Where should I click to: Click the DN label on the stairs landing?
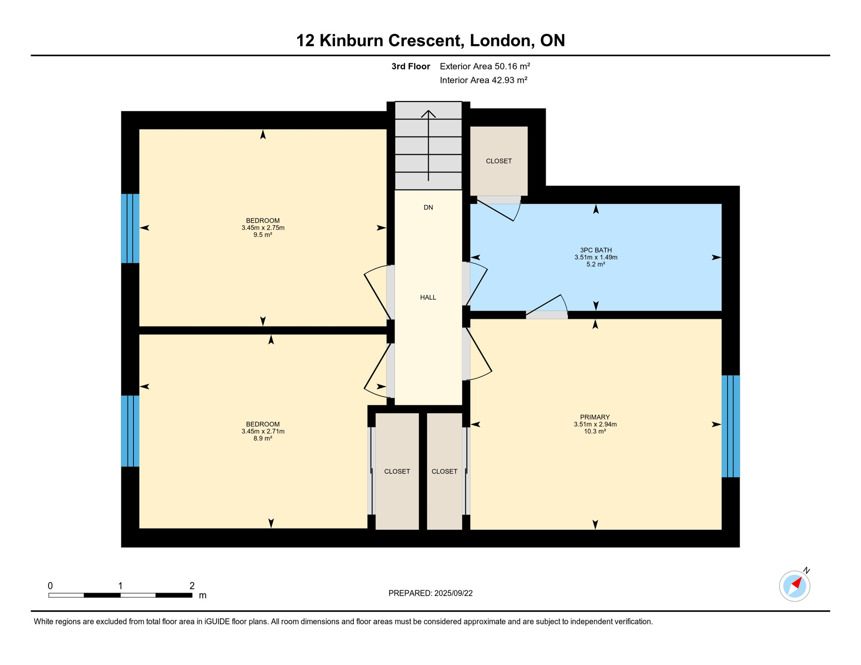[x=428, y=207]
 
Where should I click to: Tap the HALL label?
[x=428, y=297]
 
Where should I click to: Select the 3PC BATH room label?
[x=596, y=250]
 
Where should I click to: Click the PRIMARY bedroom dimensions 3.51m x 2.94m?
[x=595, y=424]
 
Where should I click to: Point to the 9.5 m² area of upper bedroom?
[x=262, y=235]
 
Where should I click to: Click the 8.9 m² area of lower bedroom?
[x=262, y=439]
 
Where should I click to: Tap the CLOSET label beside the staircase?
[x=498, y=161]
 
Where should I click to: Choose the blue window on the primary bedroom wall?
[x=730, y=426]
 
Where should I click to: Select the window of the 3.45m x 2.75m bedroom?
[x=130, y=228]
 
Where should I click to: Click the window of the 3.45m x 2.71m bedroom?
[x=130, y=431]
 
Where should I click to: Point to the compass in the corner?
[x=794, y=586]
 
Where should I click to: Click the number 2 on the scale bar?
[x=192, y=586]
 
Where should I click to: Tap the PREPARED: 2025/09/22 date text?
[x=430, y=593]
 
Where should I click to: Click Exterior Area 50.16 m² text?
[x=485, y=66]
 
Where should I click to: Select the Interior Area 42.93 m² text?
[x=483, y=80]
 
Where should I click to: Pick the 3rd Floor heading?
[x=410, y=66]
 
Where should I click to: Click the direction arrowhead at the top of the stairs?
[x=428, y=114]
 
